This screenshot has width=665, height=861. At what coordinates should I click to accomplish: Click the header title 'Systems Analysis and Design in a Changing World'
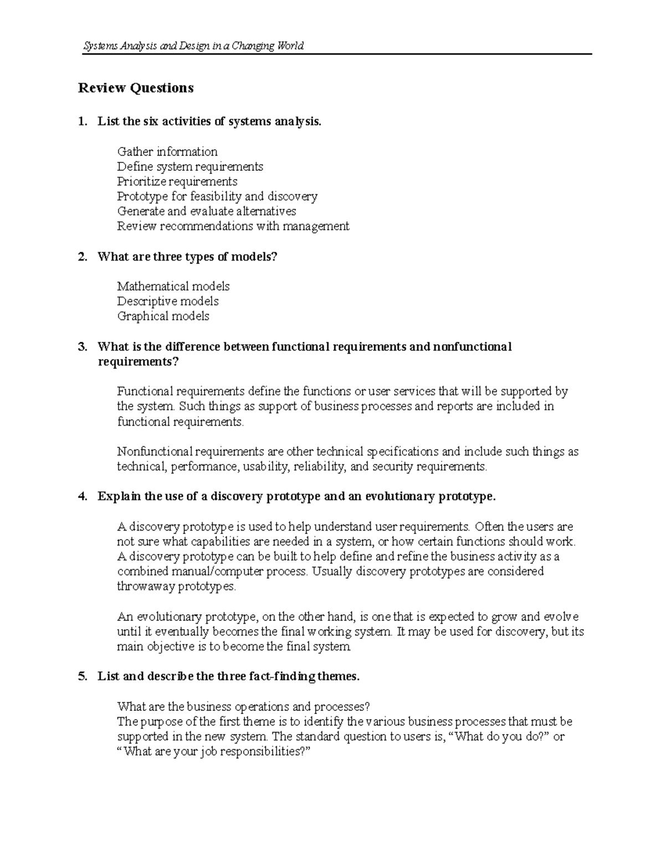(193, 46)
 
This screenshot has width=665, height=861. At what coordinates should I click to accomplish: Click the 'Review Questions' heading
(136, 88)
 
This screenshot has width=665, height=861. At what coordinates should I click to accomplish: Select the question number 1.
(83, 121)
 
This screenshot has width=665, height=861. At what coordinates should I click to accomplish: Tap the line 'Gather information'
(167, 151)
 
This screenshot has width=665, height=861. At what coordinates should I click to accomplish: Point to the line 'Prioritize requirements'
(177, 181)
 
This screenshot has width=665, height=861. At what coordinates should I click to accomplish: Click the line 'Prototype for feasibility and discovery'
(217, 196)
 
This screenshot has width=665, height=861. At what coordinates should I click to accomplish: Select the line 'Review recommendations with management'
(233, 226)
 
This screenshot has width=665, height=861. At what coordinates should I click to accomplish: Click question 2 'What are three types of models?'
(187, 257)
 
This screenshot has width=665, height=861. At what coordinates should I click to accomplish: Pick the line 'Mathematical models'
(173, 286)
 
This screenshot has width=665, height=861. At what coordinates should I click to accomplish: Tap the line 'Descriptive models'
(167, 301)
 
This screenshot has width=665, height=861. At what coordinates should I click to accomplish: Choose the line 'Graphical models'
(163, 316)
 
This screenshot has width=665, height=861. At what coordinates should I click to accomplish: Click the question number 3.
(83, 347)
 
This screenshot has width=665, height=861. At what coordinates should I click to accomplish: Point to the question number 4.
(83, 497)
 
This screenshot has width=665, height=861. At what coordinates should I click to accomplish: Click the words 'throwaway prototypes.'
(176, 587)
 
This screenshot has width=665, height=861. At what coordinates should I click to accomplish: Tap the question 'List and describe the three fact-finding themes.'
(228, 676)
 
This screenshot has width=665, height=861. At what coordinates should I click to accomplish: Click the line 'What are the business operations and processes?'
(243, 707)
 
